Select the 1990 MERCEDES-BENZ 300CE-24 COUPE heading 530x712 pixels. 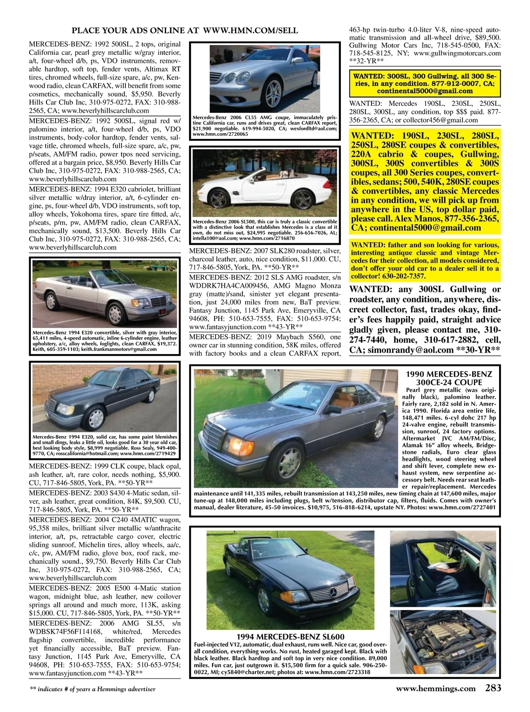449,378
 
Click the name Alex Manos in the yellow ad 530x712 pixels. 418,219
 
